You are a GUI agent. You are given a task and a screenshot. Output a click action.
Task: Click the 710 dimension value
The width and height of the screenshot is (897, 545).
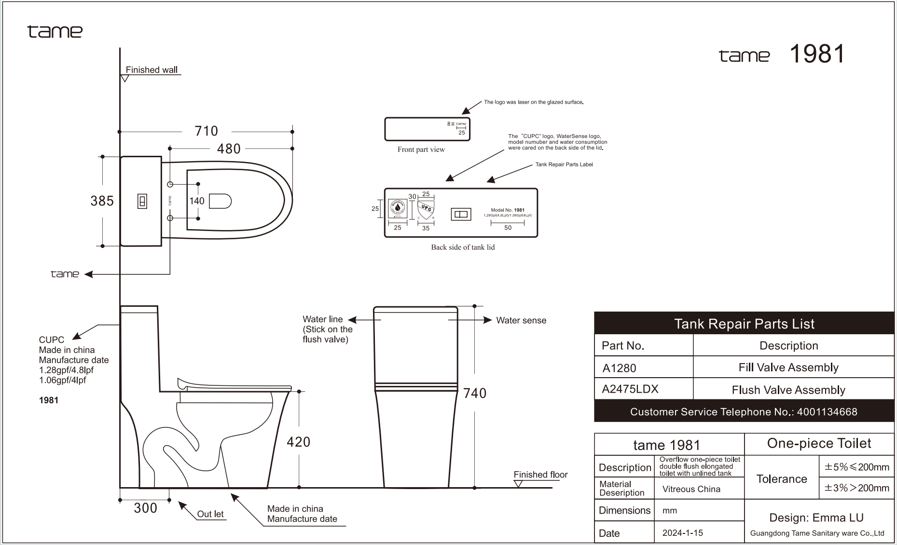pos(206,131)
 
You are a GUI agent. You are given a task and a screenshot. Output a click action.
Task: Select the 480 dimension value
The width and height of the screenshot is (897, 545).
pos(228,149)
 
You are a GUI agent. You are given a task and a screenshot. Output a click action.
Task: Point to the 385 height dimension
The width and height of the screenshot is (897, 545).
pos(102,201)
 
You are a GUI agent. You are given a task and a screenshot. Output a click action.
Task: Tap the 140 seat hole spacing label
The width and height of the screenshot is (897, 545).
pos(196,201)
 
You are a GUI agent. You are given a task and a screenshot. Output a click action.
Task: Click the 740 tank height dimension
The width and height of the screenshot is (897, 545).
pos(474,394)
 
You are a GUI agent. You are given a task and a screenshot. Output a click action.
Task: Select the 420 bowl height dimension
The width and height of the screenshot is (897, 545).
pos(298,442)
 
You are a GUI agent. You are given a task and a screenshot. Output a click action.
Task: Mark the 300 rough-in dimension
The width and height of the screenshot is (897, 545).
pos(145,508)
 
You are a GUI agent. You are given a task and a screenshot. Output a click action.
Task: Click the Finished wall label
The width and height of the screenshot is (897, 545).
pos(152,70)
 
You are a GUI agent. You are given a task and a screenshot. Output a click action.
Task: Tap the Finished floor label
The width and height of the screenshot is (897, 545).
pos(540,475)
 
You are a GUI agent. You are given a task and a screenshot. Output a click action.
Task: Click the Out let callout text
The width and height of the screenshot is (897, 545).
pos(210,514)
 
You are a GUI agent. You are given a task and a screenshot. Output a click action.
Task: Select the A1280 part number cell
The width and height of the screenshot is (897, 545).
pos(620,368)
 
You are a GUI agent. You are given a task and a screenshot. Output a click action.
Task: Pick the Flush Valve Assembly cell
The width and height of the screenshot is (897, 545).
pos(788,390)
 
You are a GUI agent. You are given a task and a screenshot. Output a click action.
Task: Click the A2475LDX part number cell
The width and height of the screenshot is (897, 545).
pos(630,389)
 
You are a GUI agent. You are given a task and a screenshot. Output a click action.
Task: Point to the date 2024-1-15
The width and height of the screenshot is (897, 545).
pos(682,533)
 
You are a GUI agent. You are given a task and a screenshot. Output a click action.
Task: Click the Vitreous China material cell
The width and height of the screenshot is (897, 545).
pos(691,489)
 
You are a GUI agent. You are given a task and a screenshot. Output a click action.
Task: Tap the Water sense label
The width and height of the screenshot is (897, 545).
pos(521,320)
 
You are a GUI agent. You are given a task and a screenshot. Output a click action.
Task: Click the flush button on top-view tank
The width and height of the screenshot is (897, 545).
pos(142,201)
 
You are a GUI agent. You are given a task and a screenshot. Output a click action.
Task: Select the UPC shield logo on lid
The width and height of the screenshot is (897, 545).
pos(426,210)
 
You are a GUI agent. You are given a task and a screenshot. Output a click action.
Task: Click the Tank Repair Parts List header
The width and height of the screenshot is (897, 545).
pos(744,324)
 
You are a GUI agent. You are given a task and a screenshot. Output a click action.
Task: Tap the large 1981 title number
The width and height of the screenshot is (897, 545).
pos(816,54)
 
